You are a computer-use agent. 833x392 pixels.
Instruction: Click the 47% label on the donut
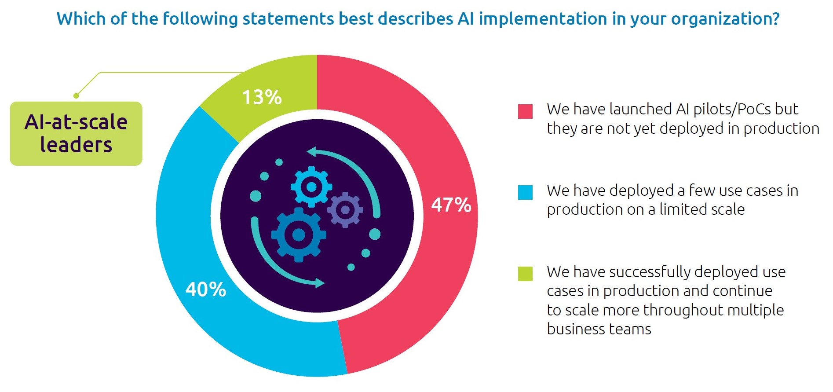451,205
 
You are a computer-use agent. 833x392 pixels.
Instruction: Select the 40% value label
205,289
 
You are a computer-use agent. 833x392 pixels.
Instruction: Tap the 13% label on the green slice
262,97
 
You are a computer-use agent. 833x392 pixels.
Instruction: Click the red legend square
525,111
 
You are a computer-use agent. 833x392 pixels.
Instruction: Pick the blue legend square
525,192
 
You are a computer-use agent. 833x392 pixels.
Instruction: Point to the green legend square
525,274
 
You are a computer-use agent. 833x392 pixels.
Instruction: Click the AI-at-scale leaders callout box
76,133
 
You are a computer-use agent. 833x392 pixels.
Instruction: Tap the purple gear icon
345,210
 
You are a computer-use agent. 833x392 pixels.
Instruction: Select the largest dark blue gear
298,234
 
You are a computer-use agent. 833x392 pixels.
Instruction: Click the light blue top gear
311,187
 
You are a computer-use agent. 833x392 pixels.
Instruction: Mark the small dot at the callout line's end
76,95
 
